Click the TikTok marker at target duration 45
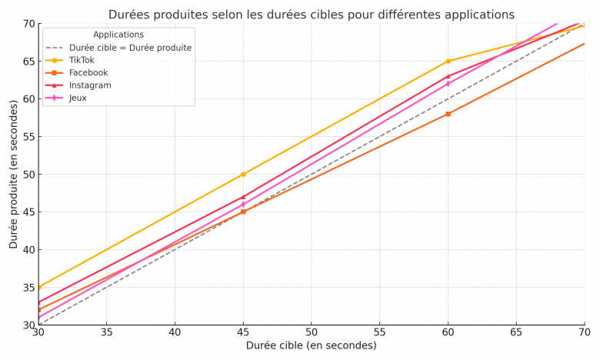[243, 175]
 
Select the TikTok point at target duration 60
[448, 62]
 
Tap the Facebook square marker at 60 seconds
[448, 114]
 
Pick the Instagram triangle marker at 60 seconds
[448, 76]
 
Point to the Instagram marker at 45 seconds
[243, 197]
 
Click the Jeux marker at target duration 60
[448, 84]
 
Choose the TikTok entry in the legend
[82, 60]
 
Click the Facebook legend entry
[88, 73]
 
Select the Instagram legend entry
[90, 85]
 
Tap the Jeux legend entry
[78, 98]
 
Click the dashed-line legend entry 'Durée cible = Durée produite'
[130, 48]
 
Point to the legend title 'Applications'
[118, 35]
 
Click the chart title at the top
[312, 15]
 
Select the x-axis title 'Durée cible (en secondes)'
[312, 346]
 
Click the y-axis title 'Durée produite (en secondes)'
[14, 174]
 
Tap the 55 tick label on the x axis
[379, 333]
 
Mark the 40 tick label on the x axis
[175, 333]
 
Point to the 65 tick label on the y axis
[28, 62]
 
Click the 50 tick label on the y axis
[28, 175]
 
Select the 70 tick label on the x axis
[584, 333]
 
